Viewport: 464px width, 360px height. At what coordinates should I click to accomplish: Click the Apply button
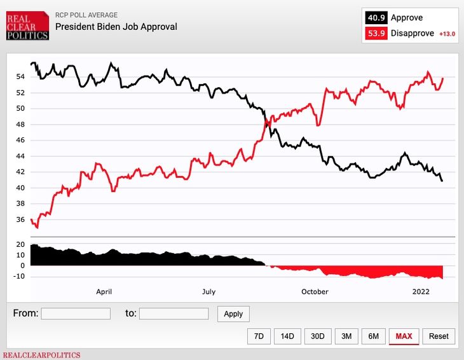tap(233, 314)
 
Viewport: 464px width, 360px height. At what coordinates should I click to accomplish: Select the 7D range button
tap(259, 336)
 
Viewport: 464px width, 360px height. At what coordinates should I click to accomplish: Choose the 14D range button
tap(287, 336)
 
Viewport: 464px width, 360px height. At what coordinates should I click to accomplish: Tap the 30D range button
tap(318, 336)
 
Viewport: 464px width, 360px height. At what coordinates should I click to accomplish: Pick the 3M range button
tap(346, 336)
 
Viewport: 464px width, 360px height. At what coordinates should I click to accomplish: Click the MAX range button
tap(404, 336)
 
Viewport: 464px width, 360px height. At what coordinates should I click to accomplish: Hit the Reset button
tap(439, 336)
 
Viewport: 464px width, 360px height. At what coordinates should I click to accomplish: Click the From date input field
tap(76, 314)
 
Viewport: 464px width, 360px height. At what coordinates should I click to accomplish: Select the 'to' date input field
tap(174, 314)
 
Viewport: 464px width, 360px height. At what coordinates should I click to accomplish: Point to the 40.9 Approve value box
tap(376, 18)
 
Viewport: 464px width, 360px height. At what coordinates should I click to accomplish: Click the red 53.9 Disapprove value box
tap(376, 33)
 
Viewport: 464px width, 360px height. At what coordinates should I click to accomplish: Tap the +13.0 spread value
tap(447, 34)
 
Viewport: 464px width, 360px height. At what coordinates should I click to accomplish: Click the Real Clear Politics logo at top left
tap(27, 25)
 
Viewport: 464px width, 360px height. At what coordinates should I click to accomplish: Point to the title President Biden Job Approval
tap(116, 27)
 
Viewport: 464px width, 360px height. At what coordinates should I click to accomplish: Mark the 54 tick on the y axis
tap(20, 77)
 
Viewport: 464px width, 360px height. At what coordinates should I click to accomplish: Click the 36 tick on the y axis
tap(20, 220)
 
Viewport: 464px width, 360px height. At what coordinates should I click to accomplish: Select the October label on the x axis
tap(315, 292)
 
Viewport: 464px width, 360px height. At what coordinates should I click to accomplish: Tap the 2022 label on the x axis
tap(421, 292)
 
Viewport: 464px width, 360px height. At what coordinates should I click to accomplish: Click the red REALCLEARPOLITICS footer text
tap(42, 355)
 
